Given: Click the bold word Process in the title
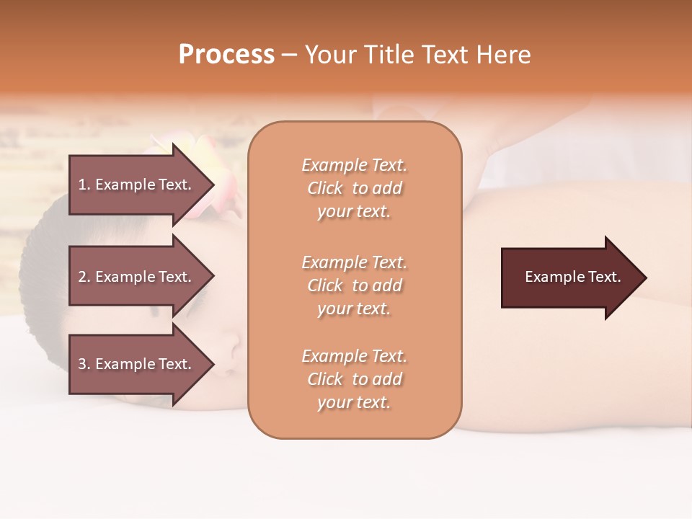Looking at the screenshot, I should (x=226, y=55).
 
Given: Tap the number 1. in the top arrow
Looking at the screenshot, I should (x=84, y=185).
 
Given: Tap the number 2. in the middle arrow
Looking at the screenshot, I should (x=84, y=277).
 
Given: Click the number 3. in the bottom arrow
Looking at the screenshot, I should (x=84, y=364).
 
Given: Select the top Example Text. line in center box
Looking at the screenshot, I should (x=354, y=165).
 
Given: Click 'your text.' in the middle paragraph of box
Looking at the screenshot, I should (x=354, y=309).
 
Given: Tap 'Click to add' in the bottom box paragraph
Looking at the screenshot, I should (x=354, y=379).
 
